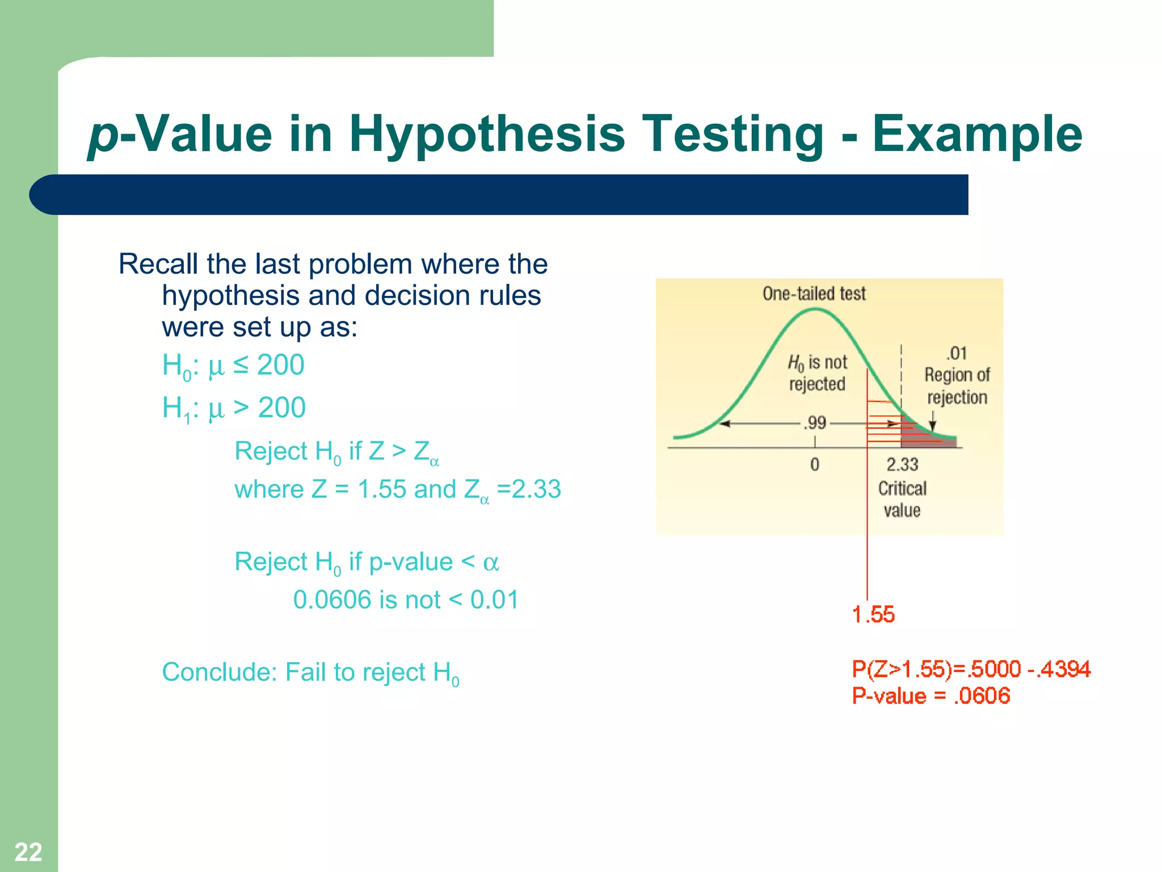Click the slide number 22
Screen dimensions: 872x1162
[28, 852]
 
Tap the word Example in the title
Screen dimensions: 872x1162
[977, 135]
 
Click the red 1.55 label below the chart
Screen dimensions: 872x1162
[873, 615]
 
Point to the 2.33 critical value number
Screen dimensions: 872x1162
[902, 465]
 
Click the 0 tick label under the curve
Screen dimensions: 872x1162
[815, 465]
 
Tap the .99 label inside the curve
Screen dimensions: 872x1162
[815, 423]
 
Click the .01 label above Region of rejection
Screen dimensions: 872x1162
[957, 354]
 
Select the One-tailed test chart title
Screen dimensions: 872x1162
[814, 294]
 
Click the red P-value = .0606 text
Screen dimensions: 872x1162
[931, 696]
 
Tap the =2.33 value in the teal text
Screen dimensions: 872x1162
[529, 489]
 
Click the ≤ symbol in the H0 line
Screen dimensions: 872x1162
[241, 364]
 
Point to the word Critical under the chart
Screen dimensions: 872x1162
[902, 488]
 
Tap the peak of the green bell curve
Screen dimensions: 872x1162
[815, 309]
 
